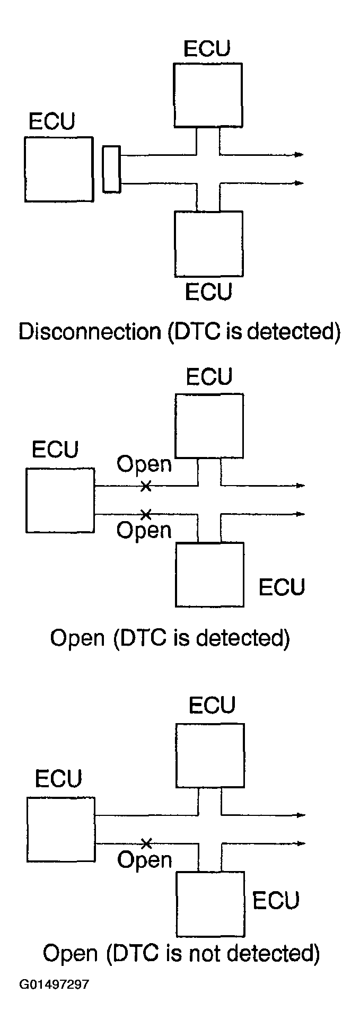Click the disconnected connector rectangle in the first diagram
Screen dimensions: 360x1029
click(111, 169)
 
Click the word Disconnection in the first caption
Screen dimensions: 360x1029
click(90, 331)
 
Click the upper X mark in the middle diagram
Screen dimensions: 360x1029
click(146, 486)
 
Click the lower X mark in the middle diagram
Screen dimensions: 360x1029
click(146, 514)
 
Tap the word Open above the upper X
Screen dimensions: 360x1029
click(144, 465)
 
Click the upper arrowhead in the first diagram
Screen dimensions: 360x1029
click(299, 155)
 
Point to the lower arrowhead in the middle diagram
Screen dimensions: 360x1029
click(300, 514)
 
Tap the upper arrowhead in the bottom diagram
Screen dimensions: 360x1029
click(300, 815)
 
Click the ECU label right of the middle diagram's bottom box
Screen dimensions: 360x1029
click(282, 587)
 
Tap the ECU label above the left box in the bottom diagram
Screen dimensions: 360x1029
click(59, 779)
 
